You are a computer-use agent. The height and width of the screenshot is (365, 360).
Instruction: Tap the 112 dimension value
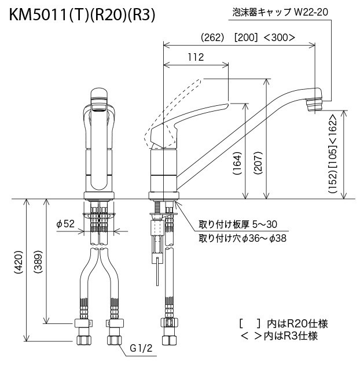[x=196, y=57]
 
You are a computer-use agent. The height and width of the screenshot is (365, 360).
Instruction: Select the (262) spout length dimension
[x=212, y=38]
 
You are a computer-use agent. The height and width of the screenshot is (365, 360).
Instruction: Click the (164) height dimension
[x=237, y=164]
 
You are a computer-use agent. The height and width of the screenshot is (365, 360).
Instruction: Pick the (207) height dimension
[x=258, y=163]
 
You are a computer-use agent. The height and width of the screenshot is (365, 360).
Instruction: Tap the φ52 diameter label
[x=65, y=224]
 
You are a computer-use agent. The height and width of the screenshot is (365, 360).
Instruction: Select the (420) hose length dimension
[x=19, y=262]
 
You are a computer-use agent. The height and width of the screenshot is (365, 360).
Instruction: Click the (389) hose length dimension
[x=38, y=262]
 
